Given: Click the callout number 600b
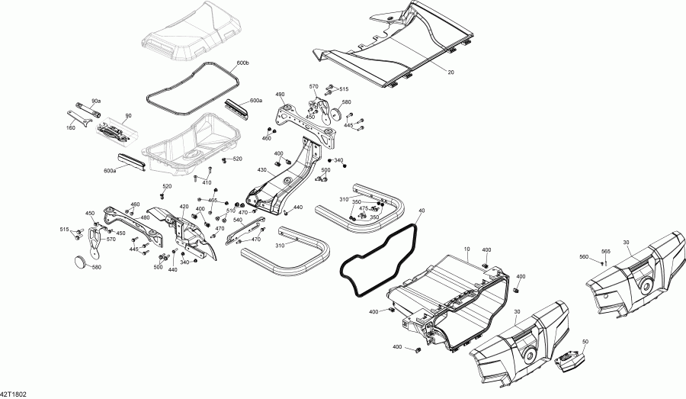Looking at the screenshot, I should [242, 61].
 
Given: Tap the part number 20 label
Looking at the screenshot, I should [450, 72].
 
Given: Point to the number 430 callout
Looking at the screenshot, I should [262, 169].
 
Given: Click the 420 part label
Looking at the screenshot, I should [184, 207].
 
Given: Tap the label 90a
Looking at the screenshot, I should [95, 101].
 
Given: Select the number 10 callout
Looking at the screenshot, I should [466, 249].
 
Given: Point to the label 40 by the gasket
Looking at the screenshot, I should [422, 210].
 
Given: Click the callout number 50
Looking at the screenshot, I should [585, 342].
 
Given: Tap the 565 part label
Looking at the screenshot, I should [605, 252].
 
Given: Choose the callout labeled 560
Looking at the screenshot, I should [585, 257].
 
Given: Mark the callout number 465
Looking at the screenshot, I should [213, 200].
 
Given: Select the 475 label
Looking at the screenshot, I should [364, 208].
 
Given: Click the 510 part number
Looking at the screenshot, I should [230, 210].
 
